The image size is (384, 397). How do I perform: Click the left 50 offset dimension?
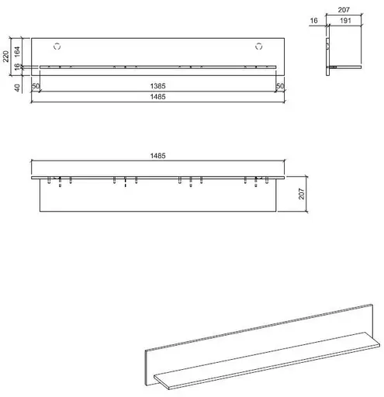tap(36, 85)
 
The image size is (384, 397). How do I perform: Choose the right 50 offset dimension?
tap(280, 85)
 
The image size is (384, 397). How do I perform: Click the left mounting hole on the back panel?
tap(57, 43)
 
